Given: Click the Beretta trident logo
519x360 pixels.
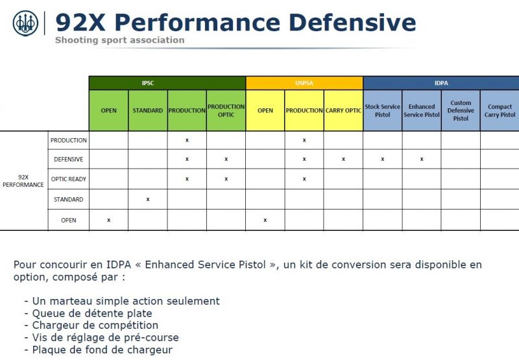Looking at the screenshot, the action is tap(25, 23).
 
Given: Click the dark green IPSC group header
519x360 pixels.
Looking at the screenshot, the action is tap(167, 83).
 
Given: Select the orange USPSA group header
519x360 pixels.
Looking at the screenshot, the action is tap(304, 83).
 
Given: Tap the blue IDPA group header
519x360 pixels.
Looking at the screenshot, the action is tap(441, 83).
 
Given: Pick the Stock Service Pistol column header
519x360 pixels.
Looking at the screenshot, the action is tap(382, 110).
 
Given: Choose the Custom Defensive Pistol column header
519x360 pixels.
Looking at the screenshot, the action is tap(461, 110).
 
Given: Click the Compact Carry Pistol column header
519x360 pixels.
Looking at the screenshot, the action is tap(500, 110).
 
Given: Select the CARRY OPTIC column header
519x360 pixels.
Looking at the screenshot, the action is tap(343, 110).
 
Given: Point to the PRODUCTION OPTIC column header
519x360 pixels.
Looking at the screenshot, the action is tap(226, 110).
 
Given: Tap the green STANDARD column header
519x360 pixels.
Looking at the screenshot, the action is tap(148, 110).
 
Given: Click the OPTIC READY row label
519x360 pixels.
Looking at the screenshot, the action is tap(69, 179).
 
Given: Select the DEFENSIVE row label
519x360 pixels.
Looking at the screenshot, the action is tap(69, 159).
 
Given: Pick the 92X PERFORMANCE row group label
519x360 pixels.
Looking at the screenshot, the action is tap(23, 181).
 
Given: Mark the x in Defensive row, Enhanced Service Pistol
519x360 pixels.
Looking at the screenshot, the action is tap(422, 159).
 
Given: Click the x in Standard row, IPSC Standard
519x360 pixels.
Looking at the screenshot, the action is tap(148, 199).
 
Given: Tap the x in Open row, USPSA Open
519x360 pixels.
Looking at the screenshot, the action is tap(265, 220).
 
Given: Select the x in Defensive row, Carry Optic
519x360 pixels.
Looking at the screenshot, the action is tap(343, 159).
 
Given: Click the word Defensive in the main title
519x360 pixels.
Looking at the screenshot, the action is tap(352, 23).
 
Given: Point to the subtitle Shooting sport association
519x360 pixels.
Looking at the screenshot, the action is tap(120, 40).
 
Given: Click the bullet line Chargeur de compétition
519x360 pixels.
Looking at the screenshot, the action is tap(91, 325).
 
